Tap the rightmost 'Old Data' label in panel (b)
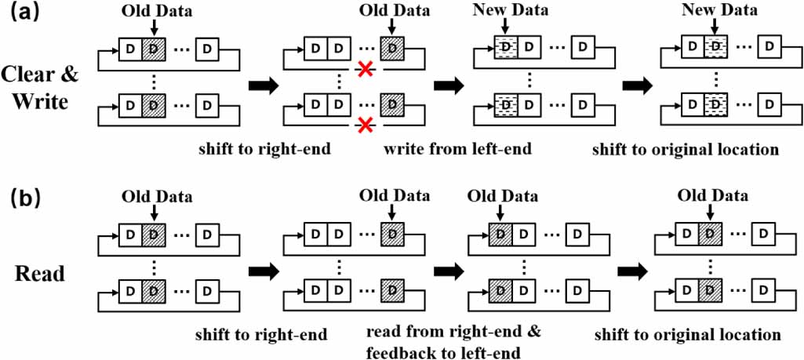(712, 195)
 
